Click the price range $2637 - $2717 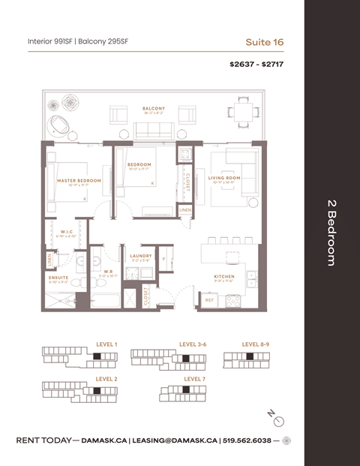[x=256, y=65]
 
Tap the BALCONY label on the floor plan [x=154, y=109]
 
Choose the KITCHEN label [x=223, y=276]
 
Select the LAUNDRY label [x=141, y=256]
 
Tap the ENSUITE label [x=58, y=277]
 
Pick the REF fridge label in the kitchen [x=210, y=299]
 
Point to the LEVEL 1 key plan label [x=106, y=344]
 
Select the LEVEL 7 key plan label [x=194, y=379]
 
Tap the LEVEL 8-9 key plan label [x=256, y=344]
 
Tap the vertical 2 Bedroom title [x=331, y=233]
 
